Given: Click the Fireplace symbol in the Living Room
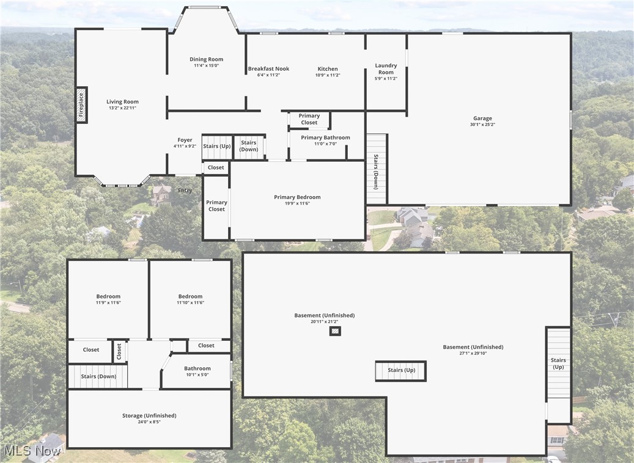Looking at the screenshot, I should [x=81, y=104].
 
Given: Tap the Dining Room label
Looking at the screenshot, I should [x=206, y=59].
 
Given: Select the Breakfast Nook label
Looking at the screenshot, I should [x=268, y=69].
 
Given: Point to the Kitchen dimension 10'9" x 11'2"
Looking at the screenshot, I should [x=328, y=75].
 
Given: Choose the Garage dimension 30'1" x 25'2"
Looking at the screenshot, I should [x=482, y=125].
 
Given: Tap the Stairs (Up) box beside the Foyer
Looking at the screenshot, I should [x=217, y=147].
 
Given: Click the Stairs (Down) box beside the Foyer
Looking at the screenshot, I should [x=249, y=147].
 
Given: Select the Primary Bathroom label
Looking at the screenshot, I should [x=325, y=137].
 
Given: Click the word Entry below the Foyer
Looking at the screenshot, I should [x=185, y=191].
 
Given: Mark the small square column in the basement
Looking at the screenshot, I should [x=334, y=331].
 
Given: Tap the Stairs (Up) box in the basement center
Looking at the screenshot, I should [x=401, y=370].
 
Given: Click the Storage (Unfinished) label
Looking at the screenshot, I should [x=149, y=415].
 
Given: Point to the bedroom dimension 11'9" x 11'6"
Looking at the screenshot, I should [x=108, y=302].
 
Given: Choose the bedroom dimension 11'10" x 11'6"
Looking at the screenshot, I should [x=190, y=302].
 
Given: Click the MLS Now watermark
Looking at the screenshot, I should [x=32, y=451].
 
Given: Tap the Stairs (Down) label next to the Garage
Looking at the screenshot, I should [x=375, y=172].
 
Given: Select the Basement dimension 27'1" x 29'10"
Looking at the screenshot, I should [x=473, y=353].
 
